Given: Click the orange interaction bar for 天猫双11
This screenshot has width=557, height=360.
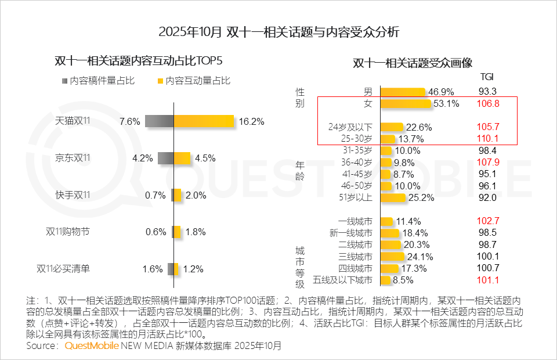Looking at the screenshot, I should [x=204, y=121].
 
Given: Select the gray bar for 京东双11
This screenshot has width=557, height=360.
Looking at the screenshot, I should [x=166, y=157].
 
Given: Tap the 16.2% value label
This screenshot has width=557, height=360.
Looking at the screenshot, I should [x=252, y=122].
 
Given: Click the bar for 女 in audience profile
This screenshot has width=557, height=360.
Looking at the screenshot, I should [x=406, y=103].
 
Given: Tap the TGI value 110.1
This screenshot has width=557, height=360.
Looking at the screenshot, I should [x=488, y=139].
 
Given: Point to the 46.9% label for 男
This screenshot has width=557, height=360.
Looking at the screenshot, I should [x=441, y=92].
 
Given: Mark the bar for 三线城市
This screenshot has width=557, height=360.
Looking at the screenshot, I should [x=392, y=257].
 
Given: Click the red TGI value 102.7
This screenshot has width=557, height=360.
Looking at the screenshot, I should [x=488, y=221].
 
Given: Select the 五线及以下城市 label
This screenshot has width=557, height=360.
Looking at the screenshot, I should [x=342, y=280].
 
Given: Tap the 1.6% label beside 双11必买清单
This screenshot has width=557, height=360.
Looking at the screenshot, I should [x=152, y=269].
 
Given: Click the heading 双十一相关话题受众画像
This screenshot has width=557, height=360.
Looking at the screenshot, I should [x=413, y=63].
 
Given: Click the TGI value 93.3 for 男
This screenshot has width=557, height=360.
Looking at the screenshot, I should [x=488, y=92].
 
